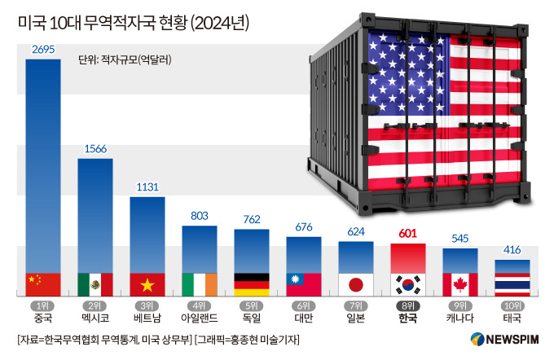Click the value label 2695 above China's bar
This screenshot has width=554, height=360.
[43, 50]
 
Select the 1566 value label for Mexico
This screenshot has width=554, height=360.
[95, 149]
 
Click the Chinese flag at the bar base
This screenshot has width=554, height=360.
[43, 283]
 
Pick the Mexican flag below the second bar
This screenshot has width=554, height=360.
[95, 283]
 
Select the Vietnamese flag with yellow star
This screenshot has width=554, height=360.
[147, 283]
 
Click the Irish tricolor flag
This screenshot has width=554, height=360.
[200, 283]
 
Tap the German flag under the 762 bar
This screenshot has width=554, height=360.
[252, 283]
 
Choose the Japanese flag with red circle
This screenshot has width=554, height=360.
[356, 283]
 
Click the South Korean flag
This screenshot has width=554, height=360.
[408, 283]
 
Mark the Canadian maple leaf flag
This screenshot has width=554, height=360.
[460, 283]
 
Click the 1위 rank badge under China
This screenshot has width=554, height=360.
[43, 305]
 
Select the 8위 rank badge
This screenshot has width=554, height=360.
[408, 305]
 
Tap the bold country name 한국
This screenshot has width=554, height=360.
[408, 318]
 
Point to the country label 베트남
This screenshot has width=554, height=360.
[147, 318]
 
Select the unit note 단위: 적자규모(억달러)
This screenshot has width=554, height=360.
[125, 59]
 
